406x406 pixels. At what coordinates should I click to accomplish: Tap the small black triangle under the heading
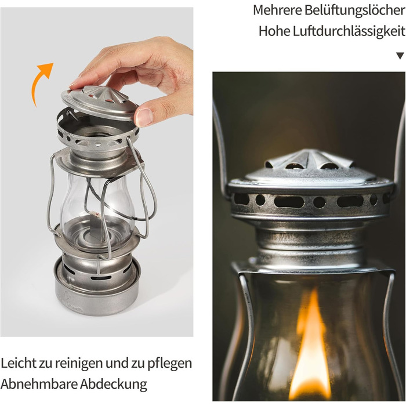pos(400,56)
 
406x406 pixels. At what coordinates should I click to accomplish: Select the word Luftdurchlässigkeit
pos(349,31)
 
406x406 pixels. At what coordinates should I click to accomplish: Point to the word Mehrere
pos(277,10)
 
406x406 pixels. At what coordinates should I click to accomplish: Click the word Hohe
pos(274,31)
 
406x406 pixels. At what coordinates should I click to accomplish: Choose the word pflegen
pos(169,364)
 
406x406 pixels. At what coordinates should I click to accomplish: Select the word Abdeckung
pos(114,385)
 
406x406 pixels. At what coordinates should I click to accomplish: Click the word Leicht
pos(19,364)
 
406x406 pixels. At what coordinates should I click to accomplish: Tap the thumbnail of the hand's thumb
pos(144,116)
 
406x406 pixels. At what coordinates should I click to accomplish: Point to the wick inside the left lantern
pos(94,214)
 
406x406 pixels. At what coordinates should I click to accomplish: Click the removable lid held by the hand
pos(100,101)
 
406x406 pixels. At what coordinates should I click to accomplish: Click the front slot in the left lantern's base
pos(101,278)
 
